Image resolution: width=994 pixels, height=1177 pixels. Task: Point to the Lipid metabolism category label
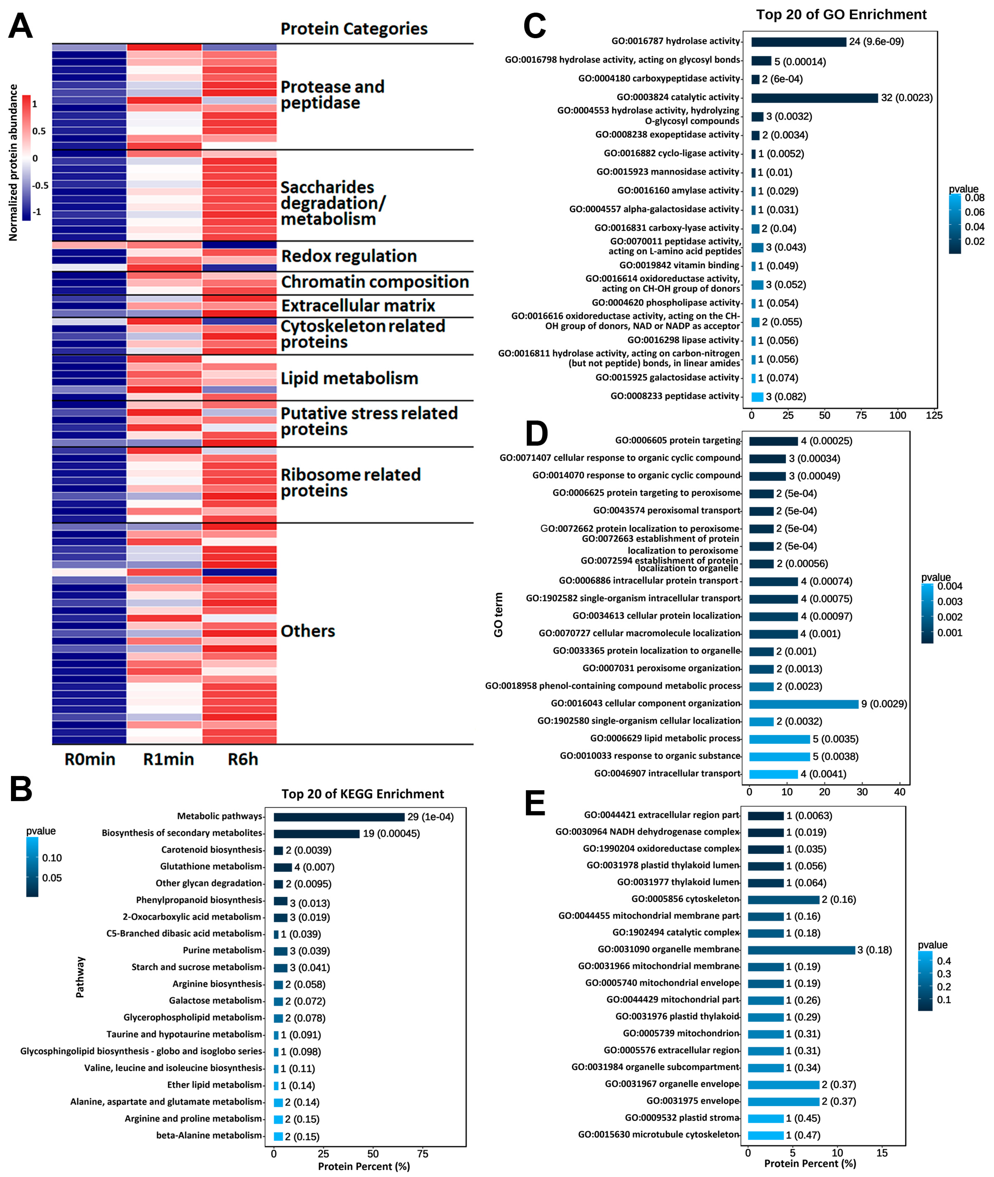click(x=349, y=378)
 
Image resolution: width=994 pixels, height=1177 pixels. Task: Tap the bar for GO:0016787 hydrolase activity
click(x=798, y=42)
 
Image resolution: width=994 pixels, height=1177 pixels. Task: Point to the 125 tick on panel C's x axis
click(x=934, y=416)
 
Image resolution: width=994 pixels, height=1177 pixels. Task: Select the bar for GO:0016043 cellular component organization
click(x=803, y=704)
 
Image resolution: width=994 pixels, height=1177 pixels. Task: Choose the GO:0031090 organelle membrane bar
click(x=801, y=950)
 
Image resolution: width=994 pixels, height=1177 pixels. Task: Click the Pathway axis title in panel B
click(x=80, y=977)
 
